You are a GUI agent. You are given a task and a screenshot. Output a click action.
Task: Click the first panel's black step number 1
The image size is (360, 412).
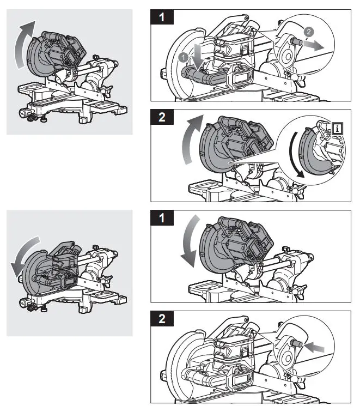tap(162, 18)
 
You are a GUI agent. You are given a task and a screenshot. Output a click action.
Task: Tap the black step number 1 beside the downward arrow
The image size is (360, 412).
tap(162, 220)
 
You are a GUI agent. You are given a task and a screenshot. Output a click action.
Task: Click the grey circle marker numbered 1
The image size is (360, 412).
tap(184, 56)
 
